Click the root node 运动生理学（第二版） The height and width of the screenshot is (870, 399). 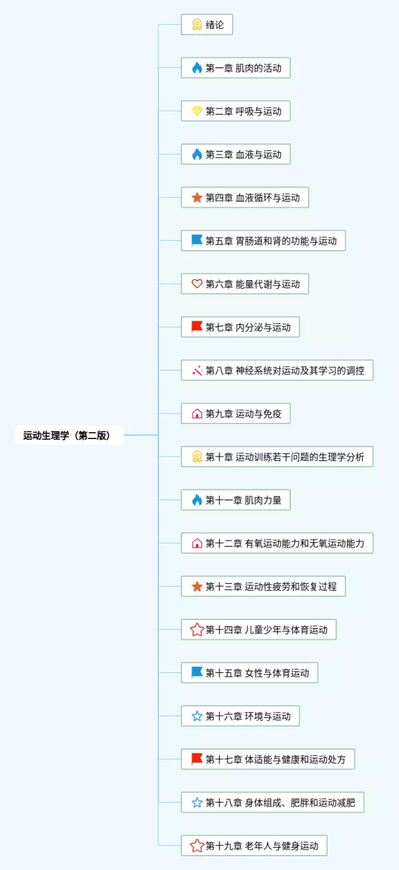(x=67, y=435)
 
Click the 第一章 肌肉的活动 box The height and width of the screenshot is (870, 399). (x=236, y=68)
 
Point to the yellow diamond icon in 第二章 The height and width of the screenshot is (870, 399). (x=197, y=112)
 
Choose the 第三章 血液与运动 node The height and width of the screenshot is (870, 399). (x=236, y=155)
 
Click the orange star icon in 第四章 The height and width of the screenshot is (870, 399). (x=197, y=198)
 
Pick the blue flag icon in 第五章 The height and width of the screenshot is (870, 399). (x=197, y=241)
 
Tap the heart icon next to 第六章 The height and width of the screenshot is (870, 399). (x=197, y=284)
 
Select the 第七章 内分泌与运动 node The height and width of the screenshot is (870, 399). (x=240, y=327)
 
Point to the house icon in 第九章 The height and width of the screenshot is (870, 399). (x=197, y=414)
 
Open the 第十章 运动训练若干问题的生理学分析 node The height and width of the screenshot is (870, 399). (x=277, y=457)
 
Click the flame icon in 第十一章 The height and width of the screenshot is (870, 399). (x=197, y=500)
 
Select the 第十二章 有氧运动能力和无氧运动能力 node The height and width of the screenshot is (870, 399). (x=277, y=543)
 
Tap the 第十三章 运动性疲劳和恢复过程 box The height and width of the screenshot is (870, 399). (x=263, y=587)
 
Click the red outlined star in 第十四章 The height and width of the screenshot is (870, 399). (x=197, y=630)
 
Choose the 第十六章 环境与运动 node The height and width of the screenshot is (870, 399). (x=240, y=717)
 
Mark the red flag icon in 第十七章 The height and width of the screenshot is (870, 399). (x=197, y=760)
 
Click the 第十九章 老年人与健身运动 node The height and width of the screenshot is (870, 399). (x=254, y=846)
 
